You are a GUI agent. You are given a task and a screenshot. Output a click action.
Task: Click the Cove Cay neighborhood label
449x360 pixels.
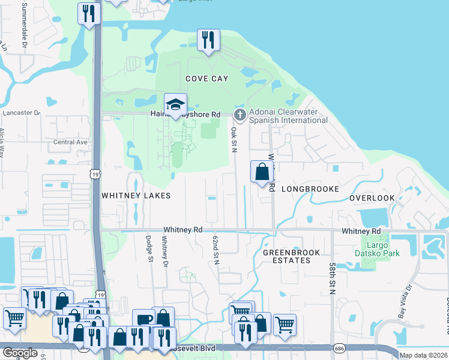pyautogui.click(x=208, y=79)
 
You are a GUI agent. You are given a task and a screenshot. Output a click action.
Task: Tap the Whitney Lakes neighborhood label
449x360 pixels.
pyautogui.click(x=136, y=196)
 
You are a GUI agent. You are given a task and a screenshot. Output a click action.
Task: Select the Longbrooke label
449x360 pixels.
pyautogui.click(x=310, y=188)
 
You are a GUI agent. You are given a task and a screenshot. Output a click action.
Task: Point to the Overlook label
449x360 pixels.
pyautogui.click(x=372, y=197)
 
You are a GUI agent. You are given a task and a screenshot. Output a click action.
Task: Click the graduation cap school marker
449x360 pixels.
pyautogui.click(x=176, y=104)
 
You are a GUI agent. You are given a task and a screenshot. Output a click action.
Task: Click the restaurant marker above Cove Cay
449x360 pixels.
pyautogui.click(x=208, y=40)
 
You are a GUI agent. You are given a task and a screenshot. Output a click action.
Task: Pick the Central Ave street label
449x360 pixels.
pyautogui.click(x=71, y=142)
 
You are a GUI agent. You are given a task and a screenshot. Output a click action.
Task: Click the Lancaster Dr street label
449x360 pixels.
pyautogui.click(x=21, y=112)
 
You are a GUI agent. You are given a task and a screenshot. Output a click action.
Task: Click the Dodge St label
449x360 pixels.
pyautogui.click(x=149, y=247)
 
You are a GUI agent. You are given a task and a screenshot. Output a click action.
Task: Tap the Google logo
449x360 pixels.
pyautogui.click(x=20, y=353)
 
